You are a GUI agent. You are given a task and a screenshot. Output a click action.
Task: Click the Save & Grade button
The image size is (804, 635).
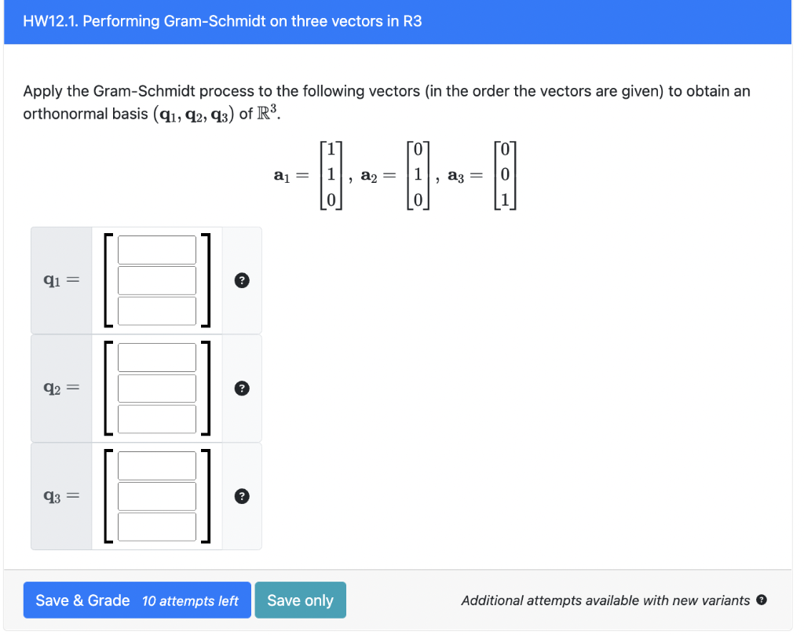[82, 600]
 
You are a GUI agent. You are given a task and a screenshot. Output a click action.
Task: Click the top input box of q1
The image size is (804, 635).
[157, 250]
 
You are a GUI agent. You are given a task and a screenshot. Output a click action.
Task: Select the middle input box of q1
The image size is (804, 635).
[157, 280]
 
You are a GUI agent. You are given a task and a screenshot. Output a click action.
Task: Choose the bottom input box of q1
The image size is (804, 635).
[157, 310]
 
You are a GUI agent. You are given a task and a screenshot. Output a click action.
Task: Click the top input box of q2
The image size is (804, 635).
[157, 358]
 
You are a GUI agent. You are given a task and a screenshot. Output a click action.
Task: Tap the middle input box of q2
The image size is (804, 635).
[157, 388]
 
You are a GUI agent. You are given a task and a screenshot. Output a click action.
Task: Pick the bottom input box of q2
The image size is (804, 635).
[157, 418]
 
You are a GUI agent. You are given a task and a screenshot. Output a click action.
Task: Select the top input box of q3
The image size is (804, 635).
[157, 465]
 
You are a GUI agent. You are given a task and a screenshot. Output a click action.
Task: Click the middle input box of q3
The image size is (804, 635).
[157, 495]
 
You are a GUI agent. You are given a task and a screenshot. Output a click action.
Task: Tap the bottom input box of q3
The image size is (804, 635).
[157, 526]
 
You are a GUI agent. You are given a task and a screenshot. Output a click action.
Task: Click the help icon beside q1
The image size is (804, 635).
[243, 280]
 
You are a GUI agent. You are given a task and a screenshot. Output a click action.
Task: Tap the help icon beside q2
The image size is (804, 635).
[243, 388]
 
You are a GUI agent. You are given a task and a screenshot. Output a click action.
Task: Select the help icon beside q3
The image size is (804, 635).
[243, 495]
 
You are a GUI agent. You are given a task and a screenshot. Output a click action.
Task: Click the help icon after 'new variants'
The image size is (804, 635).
[761, 600]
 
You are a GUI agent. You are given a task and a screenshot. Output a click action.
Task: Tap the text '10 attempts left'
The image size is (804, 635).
[190, 601]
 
